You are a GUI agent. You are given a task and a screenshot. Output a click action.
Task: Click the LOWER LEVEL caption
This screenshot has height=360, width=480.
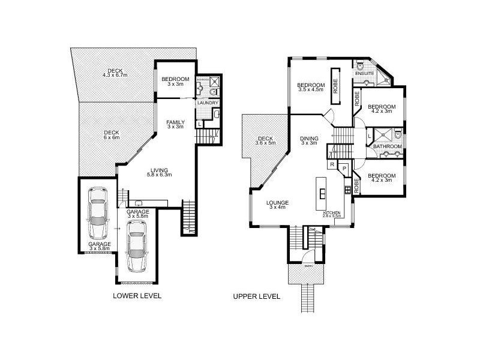pyautogui.click(x=137, y=296)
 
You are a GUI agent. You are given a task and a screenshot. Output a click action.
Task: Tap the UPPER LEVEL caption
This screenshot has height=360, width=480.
pyautogui.click(x=257, y=296)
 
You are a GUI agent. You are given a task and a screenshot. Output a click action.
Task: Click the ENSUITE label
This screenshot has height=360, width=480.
pyautogui.click(x=365, y=74)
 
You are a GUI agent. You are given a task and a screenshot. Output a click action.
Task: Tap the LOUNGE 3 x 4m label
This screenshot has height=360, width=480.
pyautogui.click(x=279, y=205)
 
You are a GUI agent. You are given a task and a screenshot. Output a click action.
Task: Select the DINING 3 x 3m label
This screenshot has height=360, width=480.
pyautogui.click(x=309, y=141)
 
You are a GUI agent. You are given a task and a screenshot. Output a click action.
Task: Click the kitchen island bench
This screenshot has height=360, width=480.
pyautogui.click(x=322, y=194)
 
